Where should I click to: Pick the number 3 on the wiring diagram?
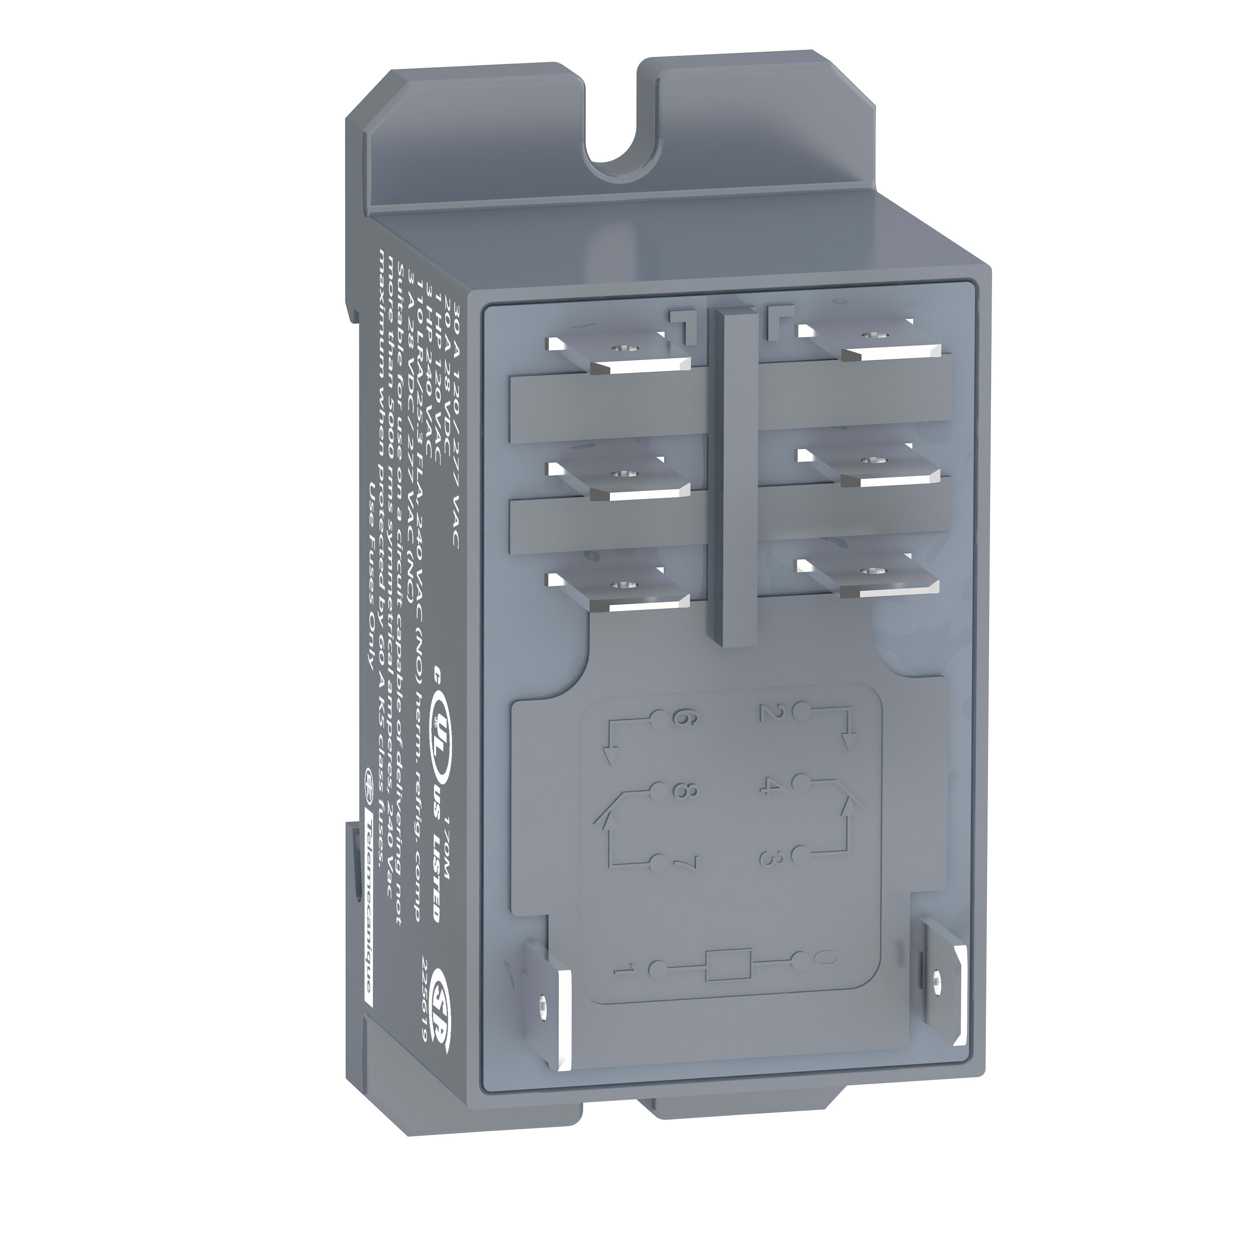[768, 857]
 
